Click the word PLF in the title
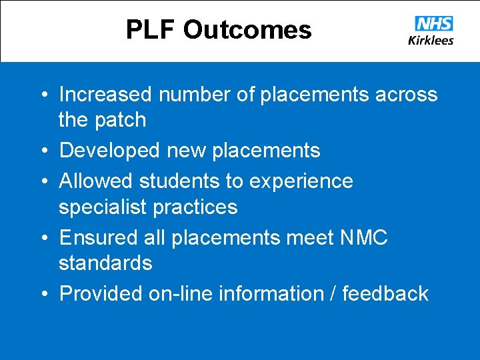coord(151,30)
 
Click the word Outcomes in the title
coord(247,30)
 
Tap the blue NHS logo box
coord(433,24)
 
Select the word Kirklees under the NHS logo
coord(431,40)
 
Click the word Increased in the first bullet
coord(106,95)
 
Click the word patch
coord(119,120)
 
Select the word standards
coord(105,263)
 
